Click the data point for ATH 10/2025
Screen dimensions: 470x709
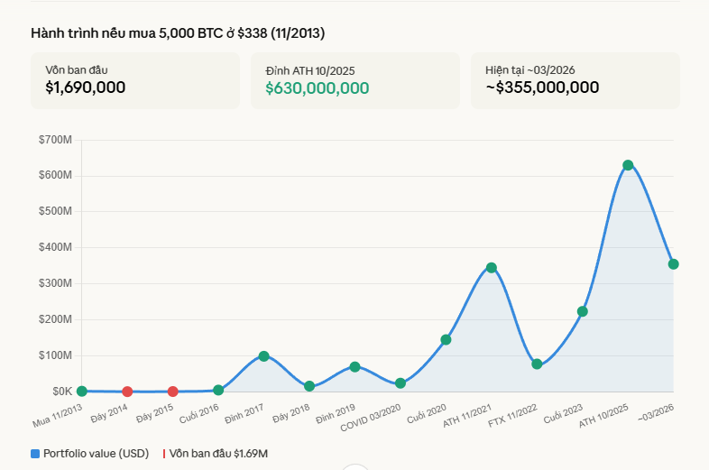[628, 165]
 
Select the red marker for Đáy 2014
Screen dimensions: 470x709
[127, 392]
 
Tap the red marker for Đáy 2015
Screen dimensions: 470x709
[172, 392]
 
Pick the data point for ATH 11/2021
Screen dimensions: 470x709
[492, 268]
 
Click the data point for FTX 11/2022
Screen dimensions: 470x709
[537, 364]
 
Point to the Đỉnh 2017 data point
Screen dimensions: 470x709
[263, 356]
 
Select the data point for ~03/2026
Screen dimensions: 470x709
[673, 264]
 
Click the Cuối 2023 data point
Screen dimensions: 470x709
[583, 311]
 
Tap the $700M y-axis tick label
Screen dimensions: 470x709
[55, 140]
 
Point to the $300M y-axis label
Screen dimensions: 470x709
[55, 283]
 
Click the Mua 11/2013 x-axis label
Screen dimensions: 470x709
[57, 414]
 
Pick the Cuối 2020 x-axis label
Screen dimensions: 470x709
[428, 413]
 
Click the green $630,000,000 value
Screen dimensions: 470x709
[317, 88]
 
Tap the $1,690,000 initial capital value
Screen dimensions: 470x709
[86, 88]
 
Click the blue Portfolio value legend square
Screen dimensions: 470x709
[35, 454]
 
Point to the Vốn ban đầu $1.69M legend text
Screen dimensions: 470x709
[219, 454]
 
